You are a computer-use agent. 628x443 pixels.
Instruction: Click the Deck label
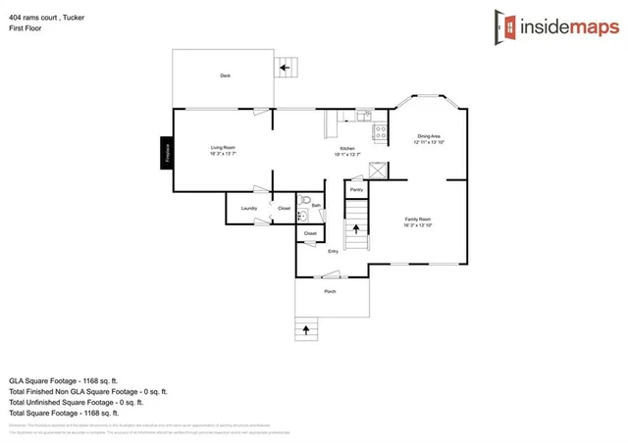[x=225, y=75]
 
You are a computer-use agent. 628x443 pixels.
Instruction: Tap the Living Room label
[x=223, y=148]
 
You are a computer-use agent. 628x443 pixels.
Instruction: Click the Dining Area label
[x=429, y=136]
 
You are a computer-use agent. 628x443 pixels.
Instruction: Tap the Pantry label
[x=356, y=189]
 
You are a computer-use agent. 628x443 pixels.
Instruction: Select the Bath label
[x=316, y=205]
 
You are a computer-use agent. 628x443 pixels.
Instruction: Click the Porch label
[x=331, y=292]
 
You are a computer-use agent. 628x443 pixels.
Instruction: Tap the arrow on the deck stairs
[x=287, y=69]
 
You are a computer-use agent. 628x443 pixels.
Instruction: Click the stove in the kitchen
[x=378, y=128]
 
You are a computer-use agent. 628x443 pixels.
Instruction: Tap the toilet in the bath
[x=304, y=217]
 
